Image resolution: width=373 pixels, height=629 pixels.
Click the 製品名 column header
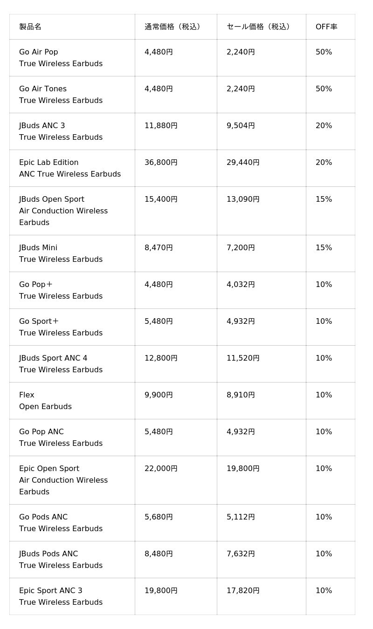tap(30, 27)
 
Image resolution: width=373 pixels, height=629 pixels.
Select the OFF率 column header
tap(326, 27)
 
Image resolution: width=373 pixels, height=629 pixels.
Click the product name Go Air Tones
tap(43, 89)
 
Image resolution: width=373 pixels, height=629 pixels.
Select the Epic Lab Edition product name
tap(49, 163)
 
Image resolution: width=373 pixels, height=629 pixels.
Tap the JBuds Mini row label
tap(38, 248)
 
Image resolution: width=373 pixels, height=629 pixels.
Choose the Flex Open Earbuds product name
tap(27, 395)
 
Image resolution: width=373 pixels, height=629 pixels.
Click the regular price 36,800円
tap(161, 163)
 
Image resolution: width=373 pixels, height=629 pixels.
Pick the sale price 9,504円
tap(241, 126)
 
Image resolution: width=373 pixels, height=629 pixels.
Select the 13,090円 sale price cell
tap(243, 199)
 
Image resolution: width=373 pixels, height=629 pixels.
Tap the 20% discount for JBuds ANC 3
tap(324, 126)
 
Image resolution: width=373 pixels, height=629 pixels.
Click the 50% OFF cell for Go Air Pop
tap(324, 52)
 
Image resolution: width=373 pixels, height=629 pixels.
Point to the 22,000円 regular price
tap(161, 469)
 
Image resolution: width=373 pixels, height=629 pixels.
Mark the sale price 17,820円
tap(243, 591)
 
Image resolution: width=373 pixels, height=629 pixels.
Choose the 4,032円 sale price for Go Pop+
tap(241, 285)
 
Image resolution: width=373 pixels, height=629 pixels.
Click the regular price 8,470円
tap(159, 248)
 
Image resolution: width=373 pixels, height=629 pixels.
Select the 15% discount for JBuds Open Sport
tap(324, 199)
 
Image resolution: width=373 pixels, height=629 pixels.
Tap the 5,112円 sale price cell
tap(241, 517)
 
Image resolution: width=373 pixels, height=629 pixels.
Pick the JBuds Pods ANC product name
tap(48, 554)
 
